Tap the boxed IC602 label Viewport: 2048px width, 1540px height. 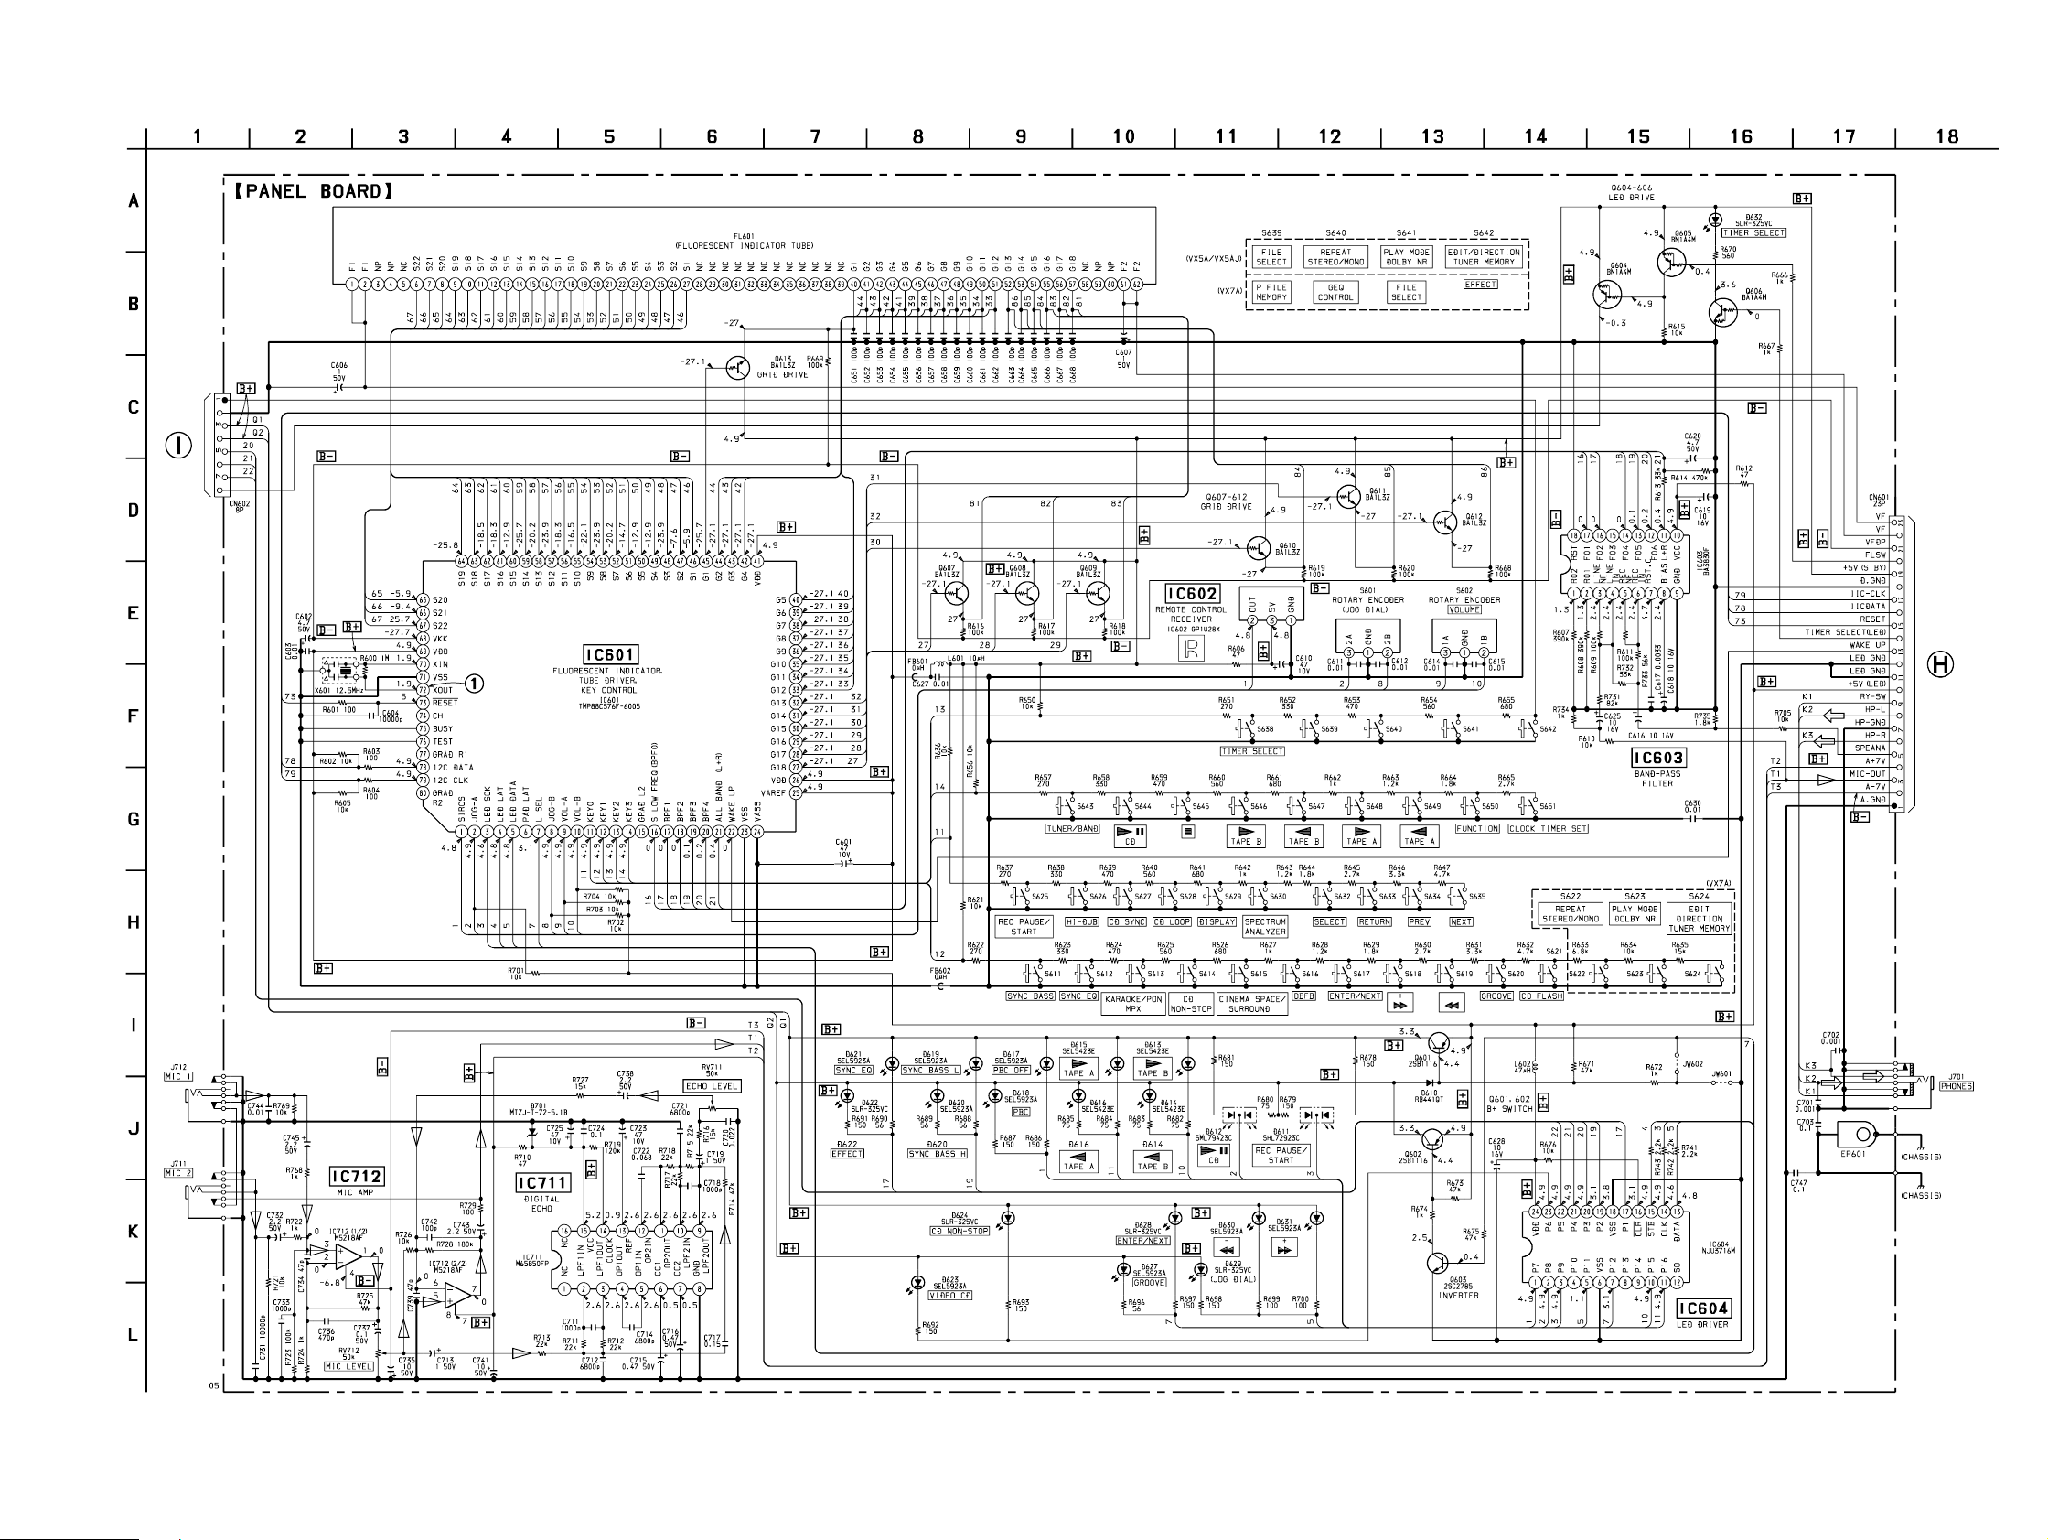(1191, 594)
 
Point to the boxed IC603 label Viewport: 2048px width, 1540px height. (1658, 759)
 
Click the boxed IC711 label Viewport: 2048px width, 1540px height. (543, 1183)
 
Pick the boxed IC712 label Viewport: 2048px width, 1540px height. (358, 1177)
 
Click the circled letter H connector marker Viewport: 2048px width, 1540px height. (1941, 663)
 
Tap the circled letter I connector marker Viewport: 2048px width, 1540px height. (178, 446)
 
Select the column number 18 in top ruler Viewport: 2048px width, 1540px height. (1947, 137)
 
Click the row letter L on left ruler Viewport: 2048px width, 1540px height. (134, 1334)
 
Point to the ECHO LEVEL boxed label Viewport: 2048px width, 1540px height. (712, 1086)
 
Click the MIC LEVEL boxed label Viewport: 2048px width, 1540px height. (348, 1366)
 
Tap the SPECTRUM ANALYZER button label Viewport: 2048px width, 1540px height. (1265, 926)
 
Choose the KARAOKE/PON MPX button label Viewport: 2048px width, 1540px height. (1133, 1004)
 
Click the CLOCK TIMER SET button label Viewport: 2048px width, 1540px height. (1548, 829)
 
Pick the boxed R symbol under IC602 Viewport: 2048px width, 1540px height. (1190, 649)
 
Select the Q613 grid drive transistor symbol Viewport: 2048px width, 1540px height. (738, 368)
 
